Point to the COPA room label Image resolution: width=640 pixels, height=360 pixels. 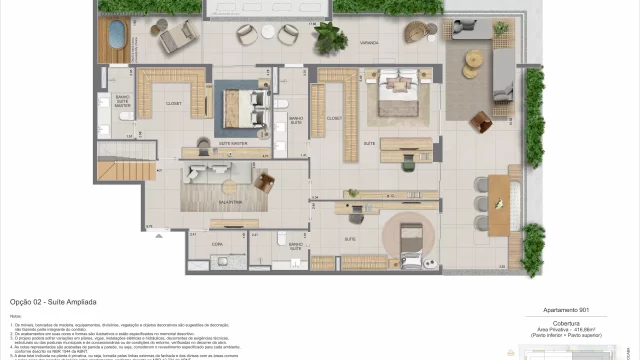216,243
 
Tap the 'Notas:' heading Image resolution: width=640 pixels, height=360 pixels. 17,317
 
